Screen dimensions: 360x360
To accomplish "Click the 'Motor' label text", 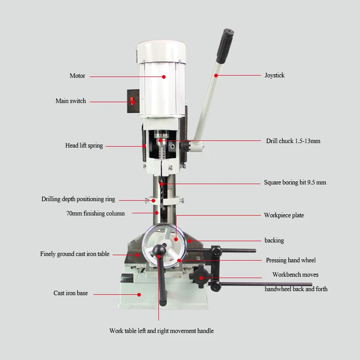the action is (x=77, y=76).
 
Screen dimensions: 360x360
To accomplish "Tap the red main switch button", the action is (x=132, y=101).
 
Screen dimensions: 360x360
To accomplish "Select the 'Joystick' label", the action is (x=274, y=75).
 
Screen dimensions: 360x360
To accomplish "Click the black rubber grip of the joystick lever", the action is (x=225, y=46).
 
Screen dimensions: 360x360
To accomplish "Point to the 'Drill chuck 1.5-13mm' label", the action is (x=293, y=141).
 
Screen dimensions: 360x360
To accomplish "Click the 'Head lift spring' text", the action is (x=84, y=145).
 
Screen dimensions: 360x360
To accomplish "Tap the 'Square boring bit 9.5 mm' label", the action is (x=295, y=183).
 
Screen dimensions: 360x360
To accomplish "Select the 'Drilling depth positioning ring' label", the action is (x=78, y=199).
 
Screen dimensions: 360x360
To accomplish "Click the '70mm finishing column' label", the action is (x=95, y=213).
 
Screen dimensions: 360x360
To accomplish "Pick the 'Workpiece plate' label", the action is (x=284, y=216).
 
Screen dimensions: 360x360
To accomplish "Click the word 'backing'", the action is (x=274, y=240).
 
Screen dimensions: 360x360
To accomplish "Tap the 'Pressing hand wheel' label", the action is (x=291, y=260).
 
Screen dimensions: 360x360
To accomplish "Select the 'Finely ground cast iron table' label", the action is (x=75, y=254).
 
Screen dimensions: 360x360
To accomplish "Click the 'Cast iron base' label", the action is (x=71, y=293).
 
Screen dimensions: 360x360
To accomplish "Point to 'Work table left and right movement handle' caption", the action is (x=162, y=331).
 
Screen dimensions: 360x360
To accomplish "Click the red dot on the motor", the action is (x=164, y=77).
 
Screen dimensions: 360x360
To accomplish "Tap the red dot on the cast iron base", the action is (x=139, y=295).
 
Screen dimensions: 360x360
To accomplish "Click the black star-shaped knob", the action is (x=199, y=277).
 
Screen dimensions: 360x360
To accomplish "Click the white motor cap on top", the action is (x=161, y=51).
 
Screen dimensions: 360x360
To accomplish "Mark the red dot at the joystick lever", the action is (x=216, y=76).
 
